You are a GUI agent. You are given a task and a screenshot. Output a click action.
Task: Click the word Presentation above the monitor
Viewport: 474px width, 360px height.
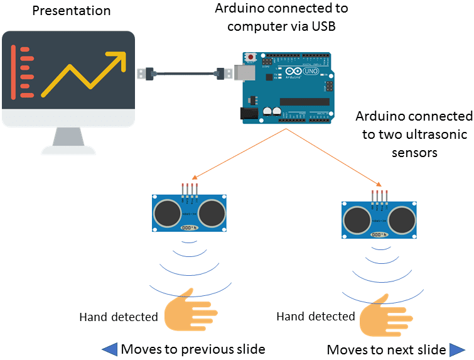(71, 11)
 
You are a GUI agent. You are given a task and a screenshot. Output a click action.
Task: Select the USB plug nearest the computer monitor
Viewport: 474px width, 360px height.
(145, 72)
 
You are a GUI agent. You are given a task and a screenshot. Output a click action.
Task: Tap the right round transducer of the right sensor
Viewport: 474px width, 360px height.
(402, 219)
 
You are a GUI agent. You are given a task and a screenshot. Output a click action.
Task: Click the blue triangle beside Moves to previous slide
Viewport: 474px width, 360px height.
(109, 349)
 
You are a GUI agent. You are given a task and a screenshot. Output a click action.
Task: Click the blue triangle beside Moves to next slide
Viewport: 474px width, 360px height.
(457, 349)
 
